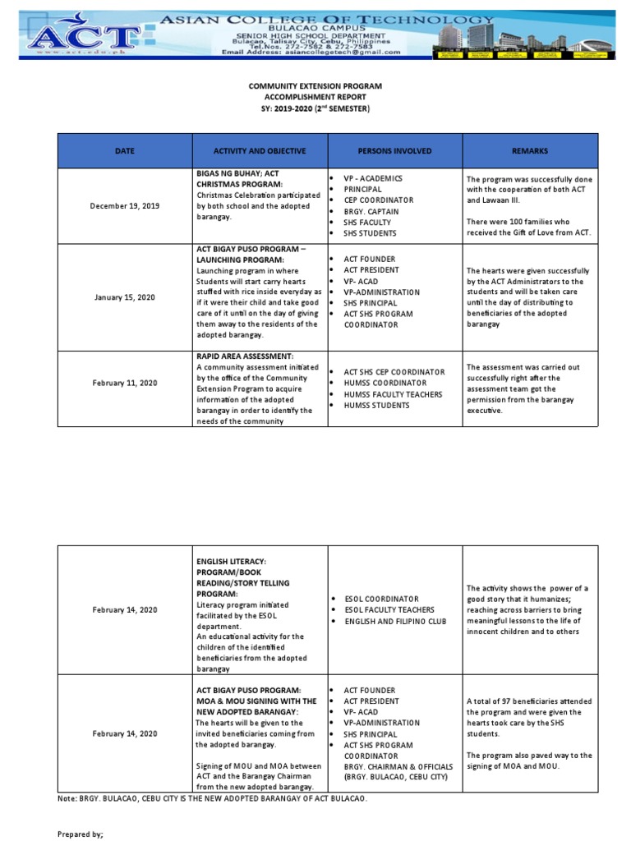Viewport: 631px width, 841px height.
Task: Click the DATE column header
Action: [x=125, y=151]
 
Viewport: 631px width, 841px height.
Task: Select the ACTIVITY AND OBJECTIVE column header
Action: [x=260, y=151]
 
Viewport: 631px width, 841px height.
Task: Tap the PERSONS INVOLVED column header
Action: [x=394, y=151]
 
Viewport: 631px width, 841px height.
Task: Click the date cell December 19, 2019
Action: [x=125, y=206]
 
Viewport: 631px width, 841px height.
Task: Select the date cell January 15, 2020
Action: [x=125, y=297]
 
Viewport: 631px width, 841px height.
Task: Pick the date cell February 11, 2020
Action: [x=125, y=383]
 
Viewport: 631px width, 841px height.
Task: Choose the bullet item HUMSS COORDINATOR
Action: [x=385, y=383]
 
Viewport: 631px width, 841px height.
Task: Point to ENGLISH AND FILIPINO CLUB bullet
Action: [x=395, y=621]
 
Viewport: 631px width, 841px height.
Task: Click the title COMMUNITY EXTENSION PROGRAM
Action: [x=315, y=86]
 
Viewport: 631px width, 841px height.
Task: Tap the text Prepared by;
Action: [x=81, y=834]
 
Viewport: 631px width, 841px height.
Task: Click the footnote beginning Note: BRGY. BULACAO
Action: [x=213, y=798]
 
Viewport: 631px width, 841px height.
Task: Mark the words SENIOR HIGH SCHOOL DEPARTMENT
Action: [x=333, y=35]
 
